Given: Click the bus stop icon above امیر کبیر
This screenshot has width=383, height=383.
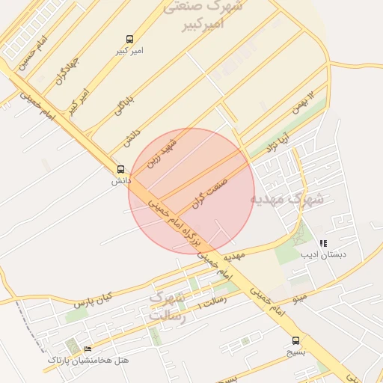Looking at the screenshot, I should pyautogui.click(x=131, y=39).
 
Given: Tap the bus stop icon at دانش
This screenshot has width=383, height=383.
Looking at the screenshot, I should pyautogui.click(x=120, y=170).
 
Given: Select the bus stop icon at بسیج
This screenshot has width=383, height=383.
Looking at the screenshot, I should pyautogui.click(x=296, y=340).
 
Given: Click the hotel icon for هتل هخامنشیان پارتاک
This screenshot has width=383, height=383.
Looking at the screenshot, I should pyautogui.click(x=88, y=349).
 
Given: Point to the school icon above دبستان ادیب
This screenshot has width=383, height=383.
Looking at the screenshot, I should pyautogui.click(x=323, y=243).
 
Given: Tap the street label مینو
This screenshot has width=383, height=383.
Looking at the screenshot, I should pyautogui.click(x=299, y=298).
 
